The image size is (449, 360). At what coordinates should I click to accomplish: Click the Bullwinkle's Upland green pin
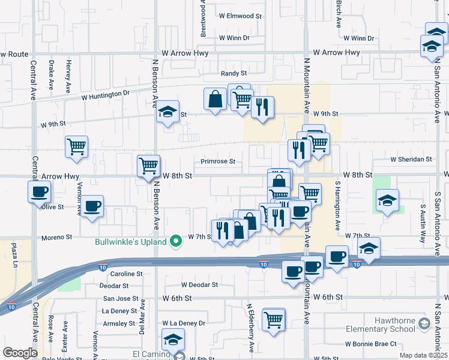point(175,242)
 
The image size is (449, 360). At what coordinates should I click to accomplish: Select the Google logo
point(20,353)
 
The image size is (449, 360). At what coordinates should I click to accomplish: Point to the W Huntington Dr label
point(105,95)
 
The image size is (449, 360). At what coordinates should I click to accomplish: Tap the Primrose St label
point(217,161)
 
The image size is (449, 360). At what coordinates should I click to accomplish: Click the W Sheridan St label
point(411,160)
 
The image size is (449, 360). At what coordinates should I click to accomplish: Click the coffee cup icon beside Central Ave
point(40,192)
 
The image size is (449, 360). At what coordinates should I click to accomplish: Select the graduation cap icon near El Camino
point(173,340)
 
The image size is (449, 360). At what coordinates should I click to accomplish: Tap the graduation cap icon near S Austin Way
point(387,200)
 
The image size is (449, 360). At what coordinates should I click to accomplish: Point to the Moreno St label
point(56,238)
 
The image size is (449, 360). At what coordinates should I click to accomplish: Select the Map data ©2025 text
point(426,355)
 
